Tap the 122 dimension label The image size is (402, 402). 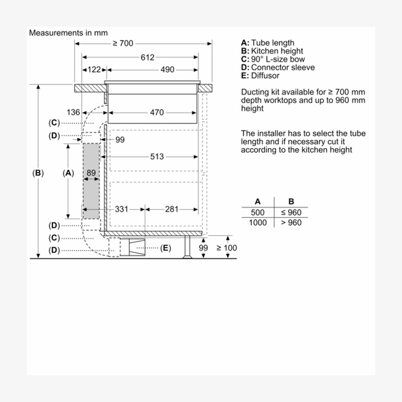94,70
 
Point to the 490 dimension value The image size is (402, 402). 167,70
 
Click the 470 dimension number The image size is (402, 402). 157,113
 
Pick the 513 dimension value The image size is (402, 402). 157,157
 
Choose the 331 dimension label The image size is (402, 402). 121,209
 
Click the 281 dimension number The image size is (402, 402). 172,209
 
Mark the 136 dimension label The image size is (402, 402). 74,113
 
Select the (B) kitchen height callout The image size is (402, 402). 38,173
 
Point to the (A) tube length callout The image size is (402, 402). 67,173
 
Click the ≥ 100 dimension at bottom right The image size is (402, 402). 226,249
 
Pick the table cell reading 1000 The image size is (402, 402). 258,222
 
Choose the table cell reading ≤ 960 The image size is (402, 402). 291,212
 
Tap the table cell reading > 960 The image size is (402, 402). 291,222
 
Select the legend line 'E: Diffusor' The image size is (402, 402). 261,76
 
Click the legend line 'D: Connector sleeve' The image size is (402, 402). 277,68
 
